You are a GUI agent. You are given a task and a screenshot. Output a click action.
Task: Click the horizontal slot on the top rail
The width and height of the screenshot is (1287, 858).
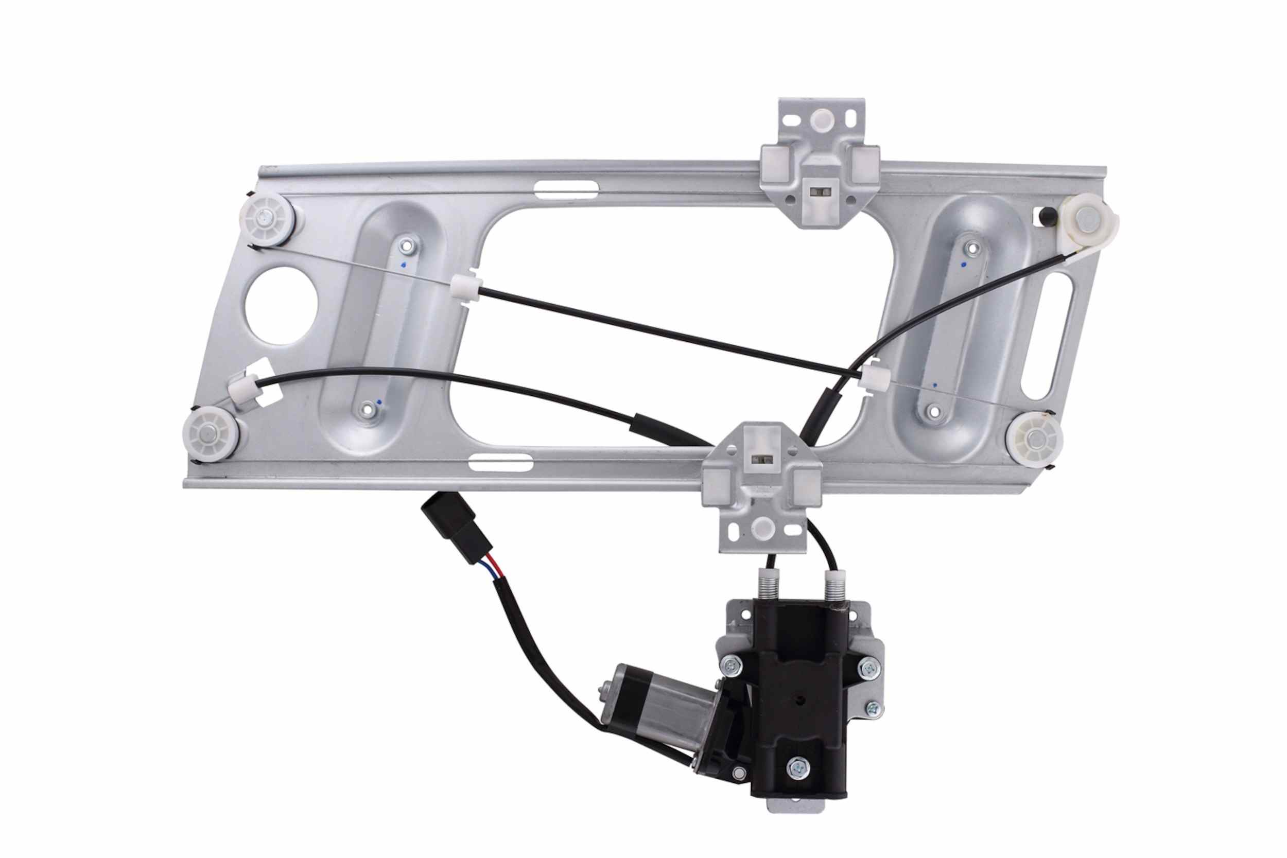pyautogui.click(x=565, y=190)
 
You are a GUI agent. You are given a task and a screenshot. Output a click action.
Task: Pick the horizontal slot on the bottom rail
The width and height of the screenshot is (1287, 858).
pyautogui.click(x=500, y=463)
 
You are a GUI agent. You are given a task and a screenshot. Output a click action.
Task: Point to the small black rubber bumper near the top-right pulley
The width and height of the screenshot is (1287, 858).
pyautogui.click(x=1047, y=215)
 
